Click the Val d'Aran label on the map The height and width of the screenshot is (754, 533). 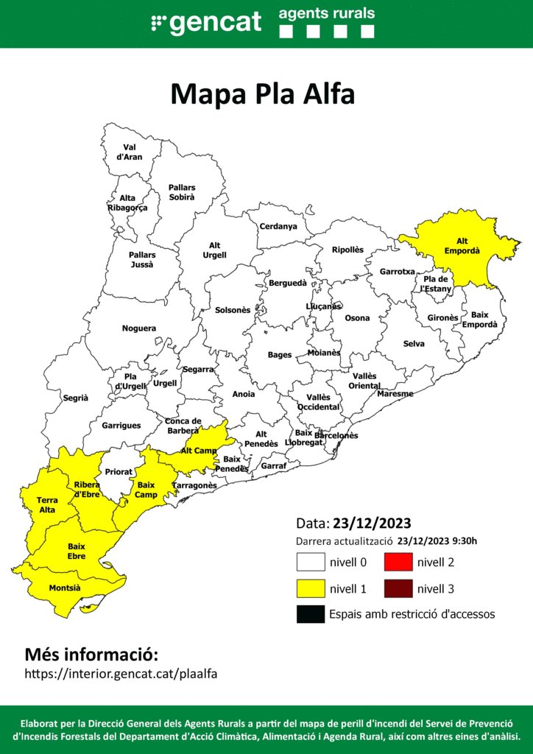coord(130,152)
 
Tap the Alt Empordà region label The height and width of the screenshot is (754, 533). coord(462,246)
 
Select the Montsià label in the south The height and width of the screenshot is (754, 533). coord(65,588)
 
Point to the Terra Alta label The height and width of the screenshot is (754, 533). coord(47,505)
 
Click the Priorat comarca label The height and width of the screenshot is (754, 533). coord(119,471)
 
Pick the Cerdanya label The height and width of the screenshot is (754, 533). coord(278,226)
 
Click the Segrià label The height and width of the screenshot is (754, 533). coord(75,398)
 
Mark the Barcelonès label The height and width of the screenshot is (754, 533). coord(336,435)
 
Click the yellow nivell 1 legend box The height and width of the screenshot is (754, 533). coord(311,588)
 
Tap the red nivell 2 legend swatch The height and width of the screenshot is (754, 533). coord(398,563)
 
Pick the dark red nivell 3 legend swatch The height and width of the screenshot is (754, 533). coord(398,588)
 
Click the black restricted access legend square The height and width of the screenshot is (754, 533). coord(311,614)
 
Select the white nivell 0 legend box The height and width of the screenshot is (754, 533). coord(311,563)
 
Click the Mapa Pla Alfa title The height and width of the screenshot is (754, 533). coord(263,94)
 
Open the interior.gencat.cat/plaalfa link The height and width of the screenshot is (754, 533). coord(121,674)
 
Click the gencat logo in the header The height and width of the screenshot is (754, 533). coord(206,22)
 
